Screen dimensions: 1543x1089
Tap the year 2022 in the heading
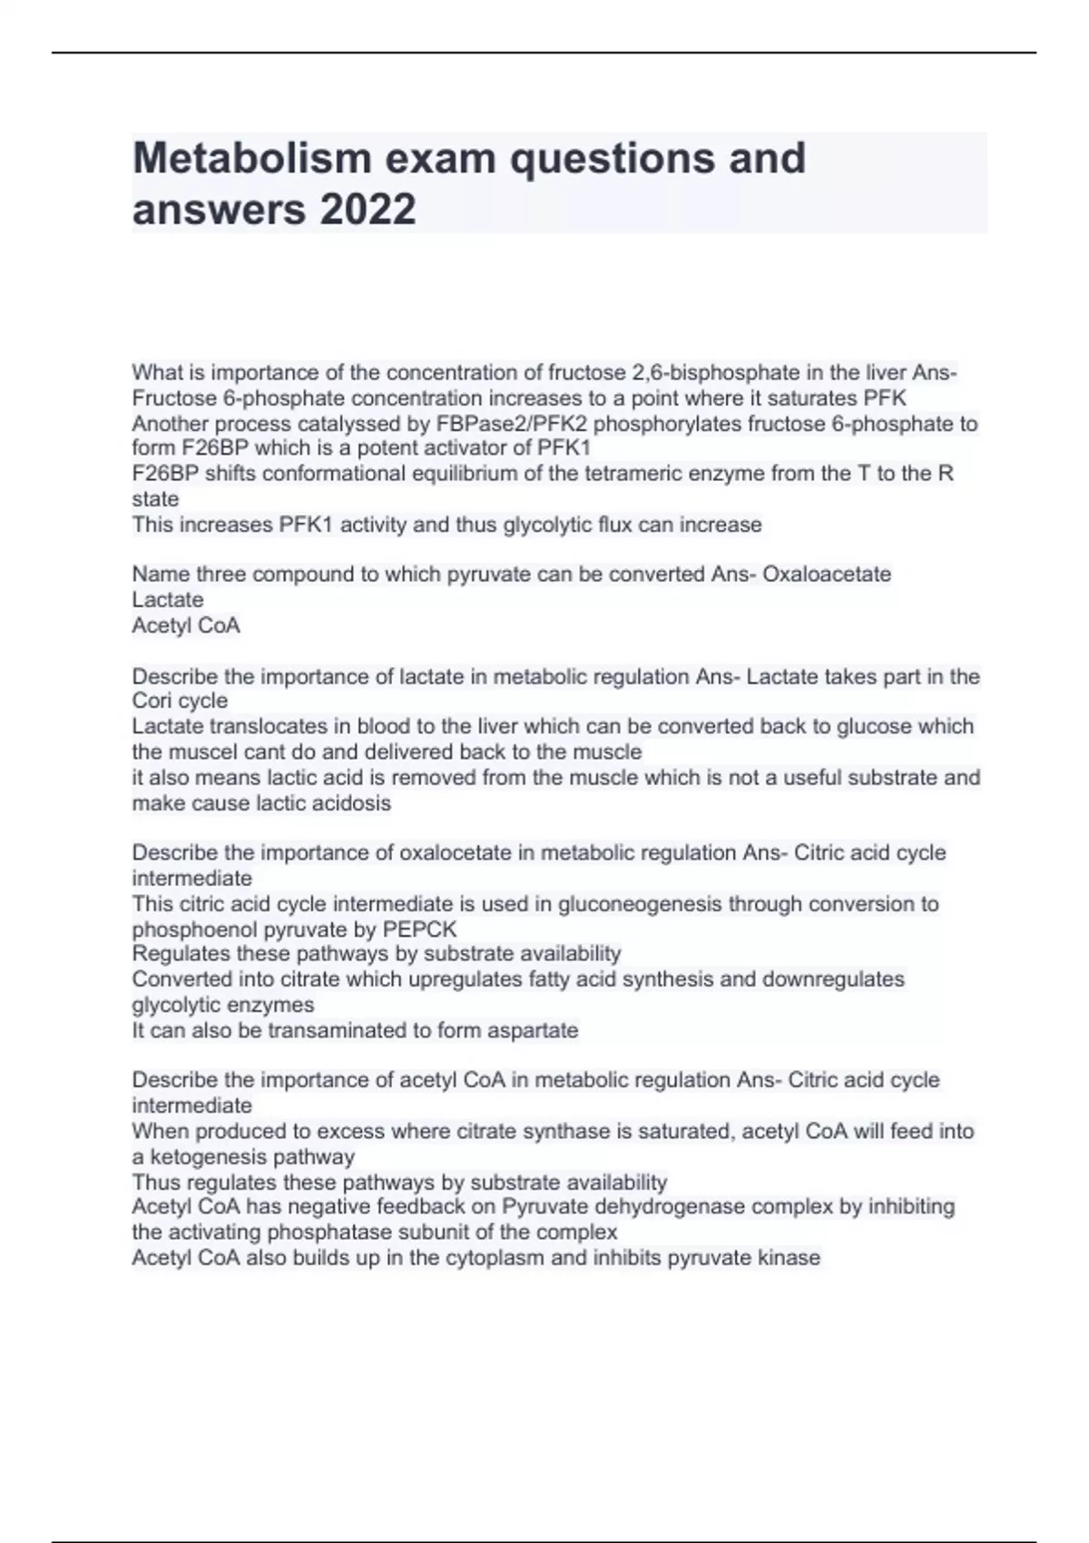click(367, 209)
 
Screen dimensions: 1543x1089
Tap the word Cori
click(152, 701)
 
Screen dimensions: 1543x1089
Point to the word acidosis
click(351, 803)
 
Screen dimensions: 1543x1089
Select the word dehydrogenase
click(670, 1206)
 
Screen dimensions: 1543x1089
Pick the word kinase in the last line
click(790, 1257)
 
